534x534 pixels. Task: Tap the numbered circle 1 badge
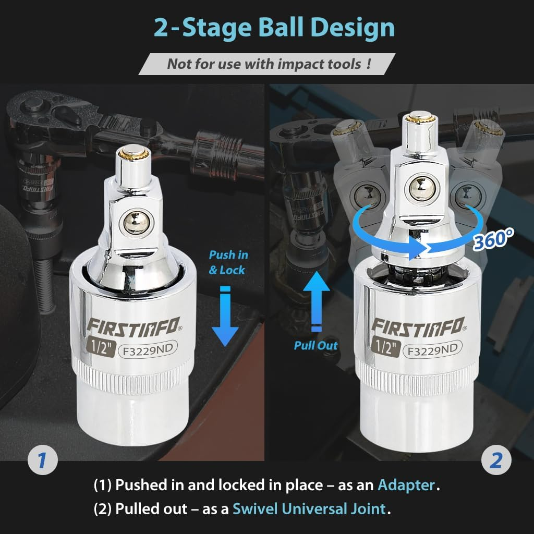pos(41,460)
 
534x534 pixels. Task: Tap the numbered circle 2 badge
pos(495,460)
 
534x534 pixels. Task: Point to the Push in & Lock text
pos(228,262)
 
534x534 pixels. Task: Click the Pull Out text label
pos(315,345)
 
